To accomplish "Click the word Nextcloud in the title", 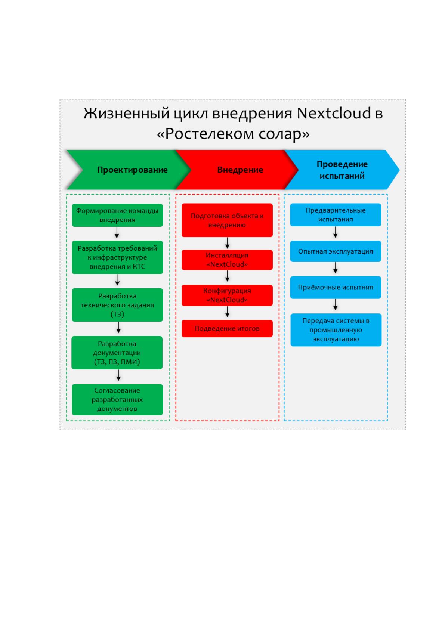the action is pos(334,113).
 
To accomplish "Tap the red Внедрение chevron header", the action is pos(237,170).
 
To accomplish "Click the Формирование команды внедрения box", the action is pos(117,215).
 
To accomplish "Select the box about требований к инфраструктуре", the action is pos(117,257).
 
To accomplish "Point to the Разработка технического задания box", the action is pos(117,305).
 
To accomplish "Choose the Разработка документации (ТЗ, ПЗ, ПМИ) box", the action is pos(117,353).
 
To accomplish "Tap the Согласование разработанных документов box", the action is pos(117,400).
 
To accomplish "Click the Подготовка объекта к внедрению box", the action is pos(227,220).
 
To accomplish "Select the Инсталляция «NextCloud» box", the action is pos(227,260).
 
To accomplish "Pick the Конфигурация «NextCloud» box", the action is pos(227,295).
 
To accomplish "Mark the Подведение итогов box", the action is pos(227,329).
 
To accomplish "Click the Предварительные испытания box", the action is pos(336,215).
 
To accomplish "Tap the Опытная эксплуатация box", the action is pos(336,251).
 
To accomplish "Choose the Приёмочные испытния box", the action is pos(336,288).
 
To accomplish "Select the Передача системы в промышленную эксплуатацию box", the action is pos(336,330).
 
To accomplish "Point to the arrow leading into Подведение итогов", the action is pos(227,312).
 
